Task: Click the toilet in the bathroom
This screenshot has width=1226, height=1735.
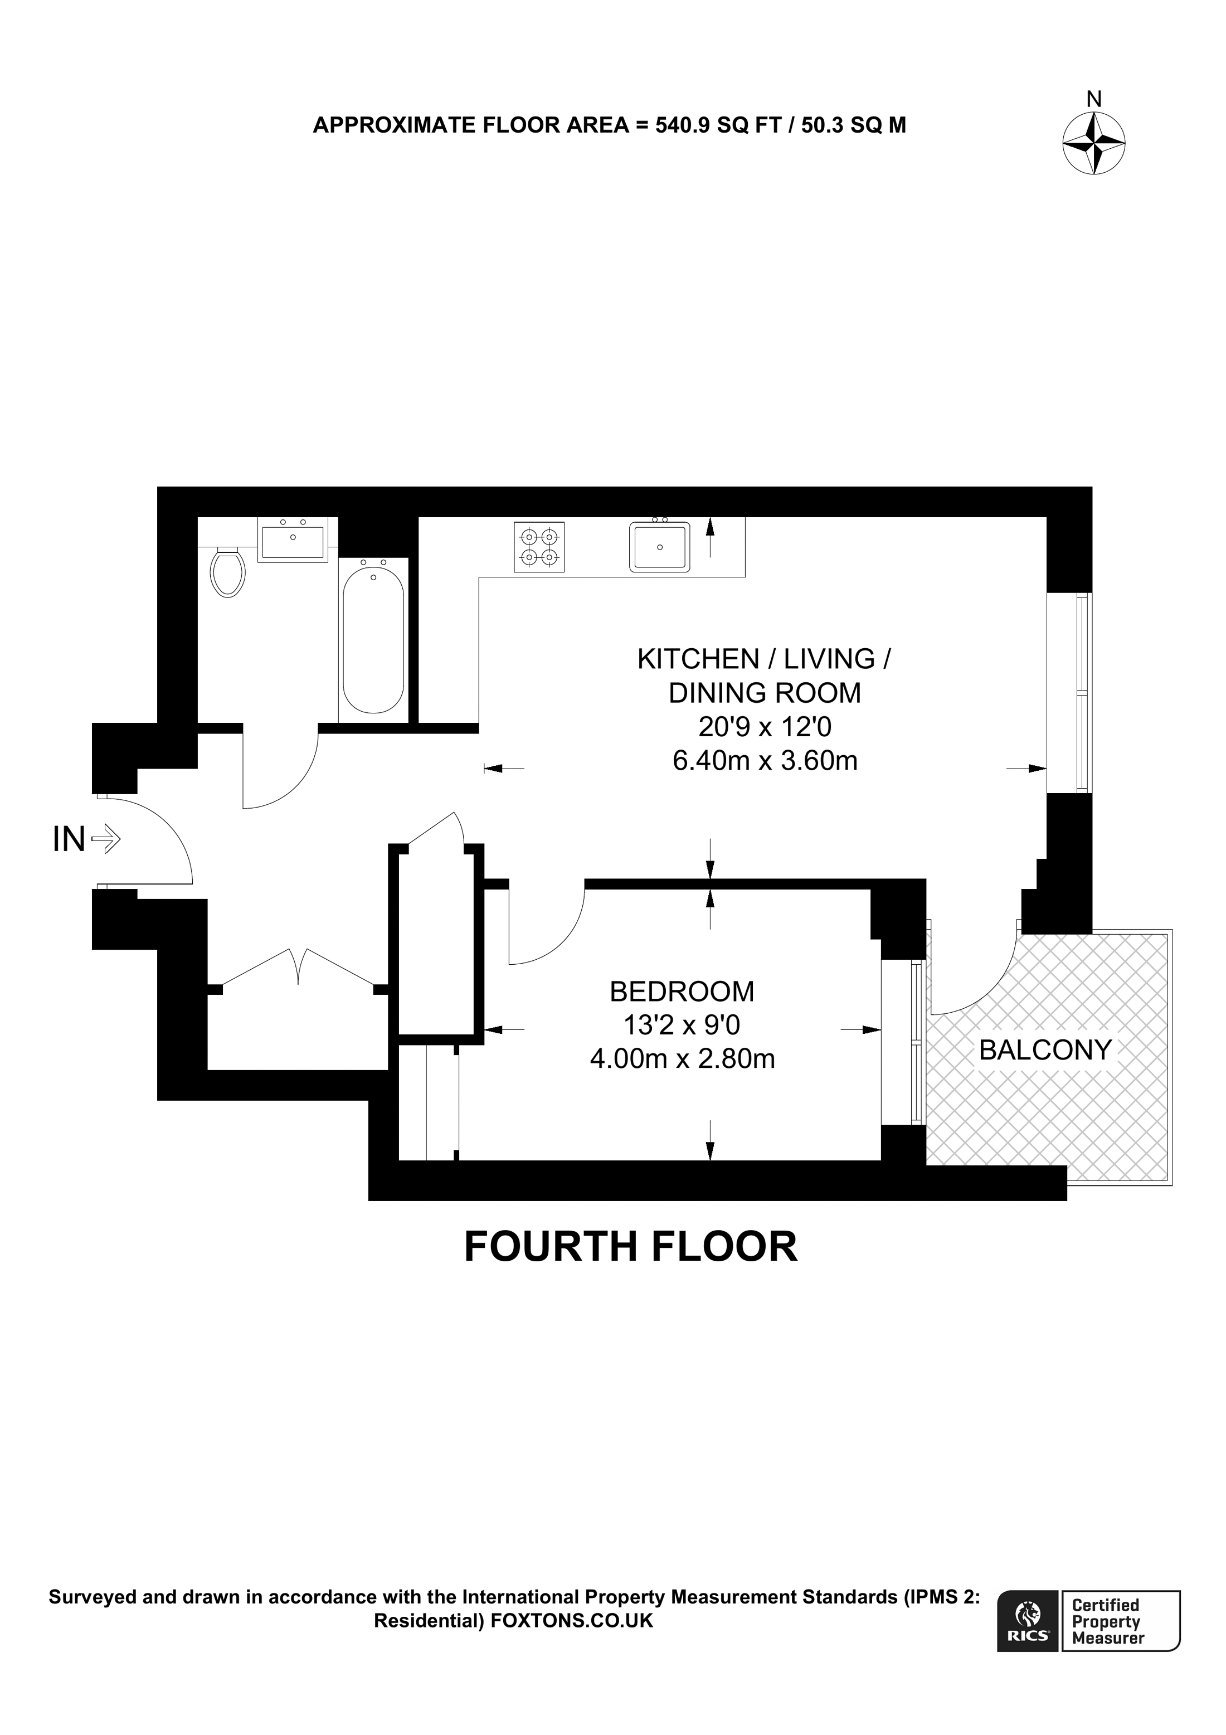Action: (228, 572)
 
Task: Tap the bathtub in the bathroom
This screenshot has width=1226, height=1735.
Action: (373, 639)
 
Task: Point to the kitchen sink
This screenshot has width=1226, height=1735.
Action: (659, 546)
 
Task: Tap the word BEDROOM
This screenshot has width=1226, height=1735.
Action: (682, 991)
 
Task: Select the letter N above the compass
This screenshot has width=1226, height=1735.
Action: (1094, 99)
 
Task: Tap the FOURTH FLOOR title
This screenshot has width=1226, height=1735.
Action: (631, 1246)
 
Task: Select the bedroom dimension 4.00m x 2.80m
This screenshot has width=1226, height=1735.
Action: (682, 1059)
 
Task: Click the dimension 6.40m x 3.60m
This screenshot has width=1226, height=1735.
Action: (765, 760)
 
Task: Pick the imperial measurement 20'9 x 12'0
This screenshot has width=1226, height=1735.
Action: (765, 727)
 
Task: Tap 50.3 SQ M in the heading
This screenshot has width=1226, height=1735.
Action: (854, 125)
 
